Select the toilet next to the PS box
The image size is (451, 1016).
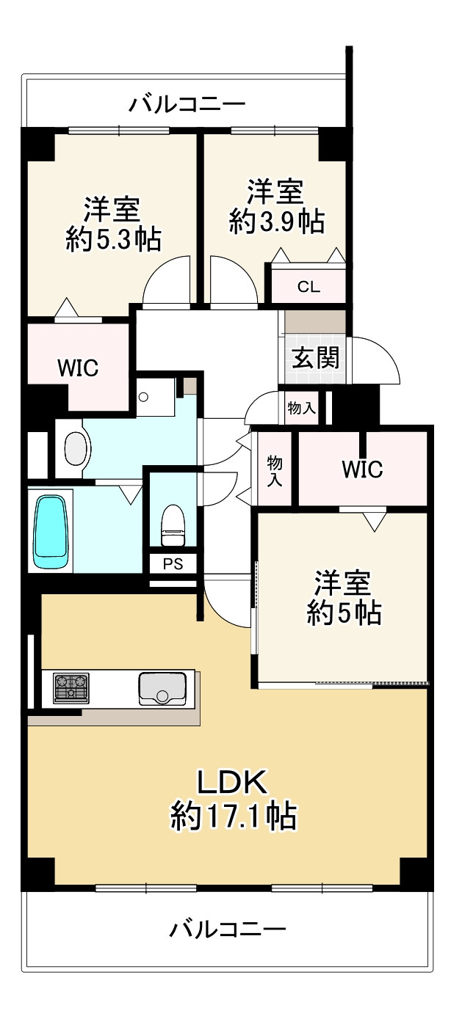172,525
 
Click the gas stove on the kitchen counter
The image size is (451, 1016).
71,688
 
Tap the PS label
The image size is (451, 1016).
173,565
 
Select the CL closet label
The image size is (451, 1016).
309,287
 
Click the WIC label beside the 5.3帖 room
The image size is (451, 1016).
78,368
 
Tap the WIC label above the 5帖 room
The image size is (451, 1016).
361,469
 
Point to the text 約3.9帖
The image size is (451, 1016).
276,221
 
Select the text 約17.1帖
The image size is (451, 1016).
234,815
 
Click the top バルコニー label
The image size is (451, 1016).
187,105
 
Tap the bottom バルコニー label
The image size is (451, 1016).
228,931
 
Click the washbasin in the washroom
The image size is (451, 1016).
76,447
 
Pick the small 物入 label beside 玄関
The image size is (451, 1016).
301,409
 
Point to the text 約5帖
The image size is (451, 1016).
343,613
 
